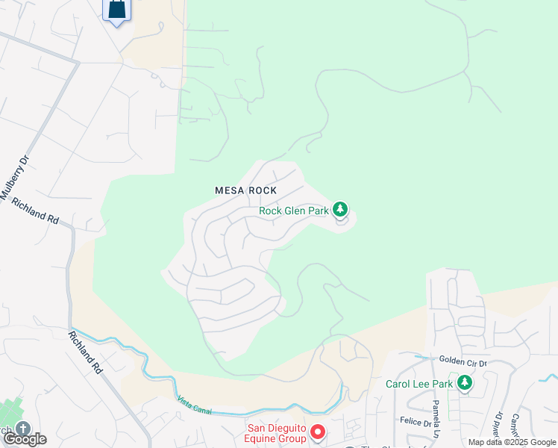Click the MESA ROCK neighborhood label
tap(246, 190)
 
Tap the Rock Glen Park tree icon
tap(340, 210)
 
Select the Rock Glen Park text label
tap(294, 211)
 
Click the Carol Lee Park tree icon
tap(465, 383)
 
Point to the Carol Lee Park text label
tap(420, 385)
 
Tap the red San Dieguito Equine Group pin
tap(317, 432)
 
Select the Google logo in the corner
tap(25, 439)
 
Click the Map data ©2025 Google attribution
tap(512, 442)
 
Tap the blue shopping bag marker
tap(116, 10)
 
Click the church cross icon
tap(22, 429)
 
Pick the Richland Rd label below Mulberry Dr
tap(35, 211)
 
